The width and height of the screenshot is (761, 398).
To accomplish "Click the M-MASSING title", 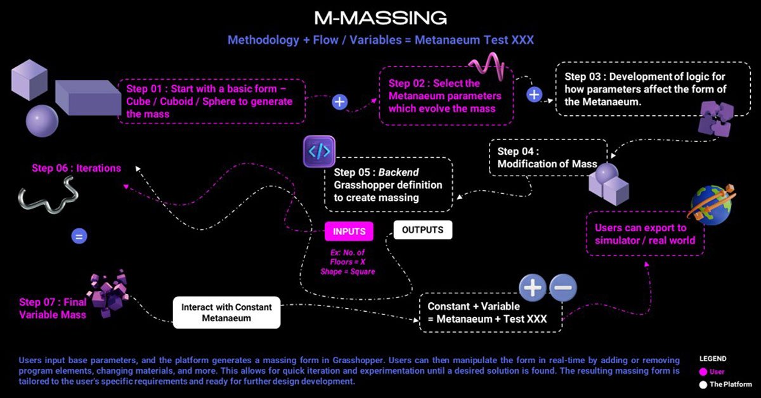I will click(x=380, y=17).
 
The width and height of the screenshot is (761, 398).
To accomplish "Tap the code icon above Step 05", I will click(x=319, y=152).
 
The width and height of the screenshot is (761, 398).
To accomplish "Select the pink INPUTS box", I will click(x=349, y=231).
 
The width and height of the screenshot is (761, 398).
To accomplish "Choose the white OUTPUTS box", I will click(x=422, y=229).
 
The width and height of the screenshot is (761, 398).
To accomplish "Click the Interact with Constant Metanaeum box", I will click(x=226, y=312).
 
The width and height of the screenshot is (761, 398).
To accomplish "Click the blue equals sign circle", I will click(x=79, y=237).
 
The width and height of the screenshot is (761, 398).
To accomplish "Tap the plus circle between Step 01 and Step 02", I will click(x=340, y=101).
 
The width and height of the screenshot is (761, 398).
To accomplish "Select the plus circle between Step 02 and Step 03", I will click(x=535, y=94).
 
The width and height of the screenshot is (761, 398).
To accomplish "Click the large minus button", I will click(x=563, y=288).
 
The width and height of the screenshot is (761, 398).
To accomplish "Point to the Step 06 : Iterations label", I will click(x=75, y=169).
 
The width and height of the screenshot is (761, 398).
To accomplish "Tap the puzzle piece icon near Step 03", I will click(x=715, y=118).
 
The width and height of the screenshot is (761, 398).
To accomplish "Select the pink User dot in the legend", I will click(x=703, y=372).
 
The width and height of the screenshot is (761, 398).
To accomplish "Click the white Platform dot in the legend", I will click(x=703, y=384).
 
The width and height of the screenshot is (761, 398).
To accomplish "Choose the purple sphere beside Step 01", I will click(x=42, y=120).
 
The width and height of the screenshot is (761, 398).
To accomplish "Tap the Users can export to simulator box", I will click(x=645, y=234).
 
